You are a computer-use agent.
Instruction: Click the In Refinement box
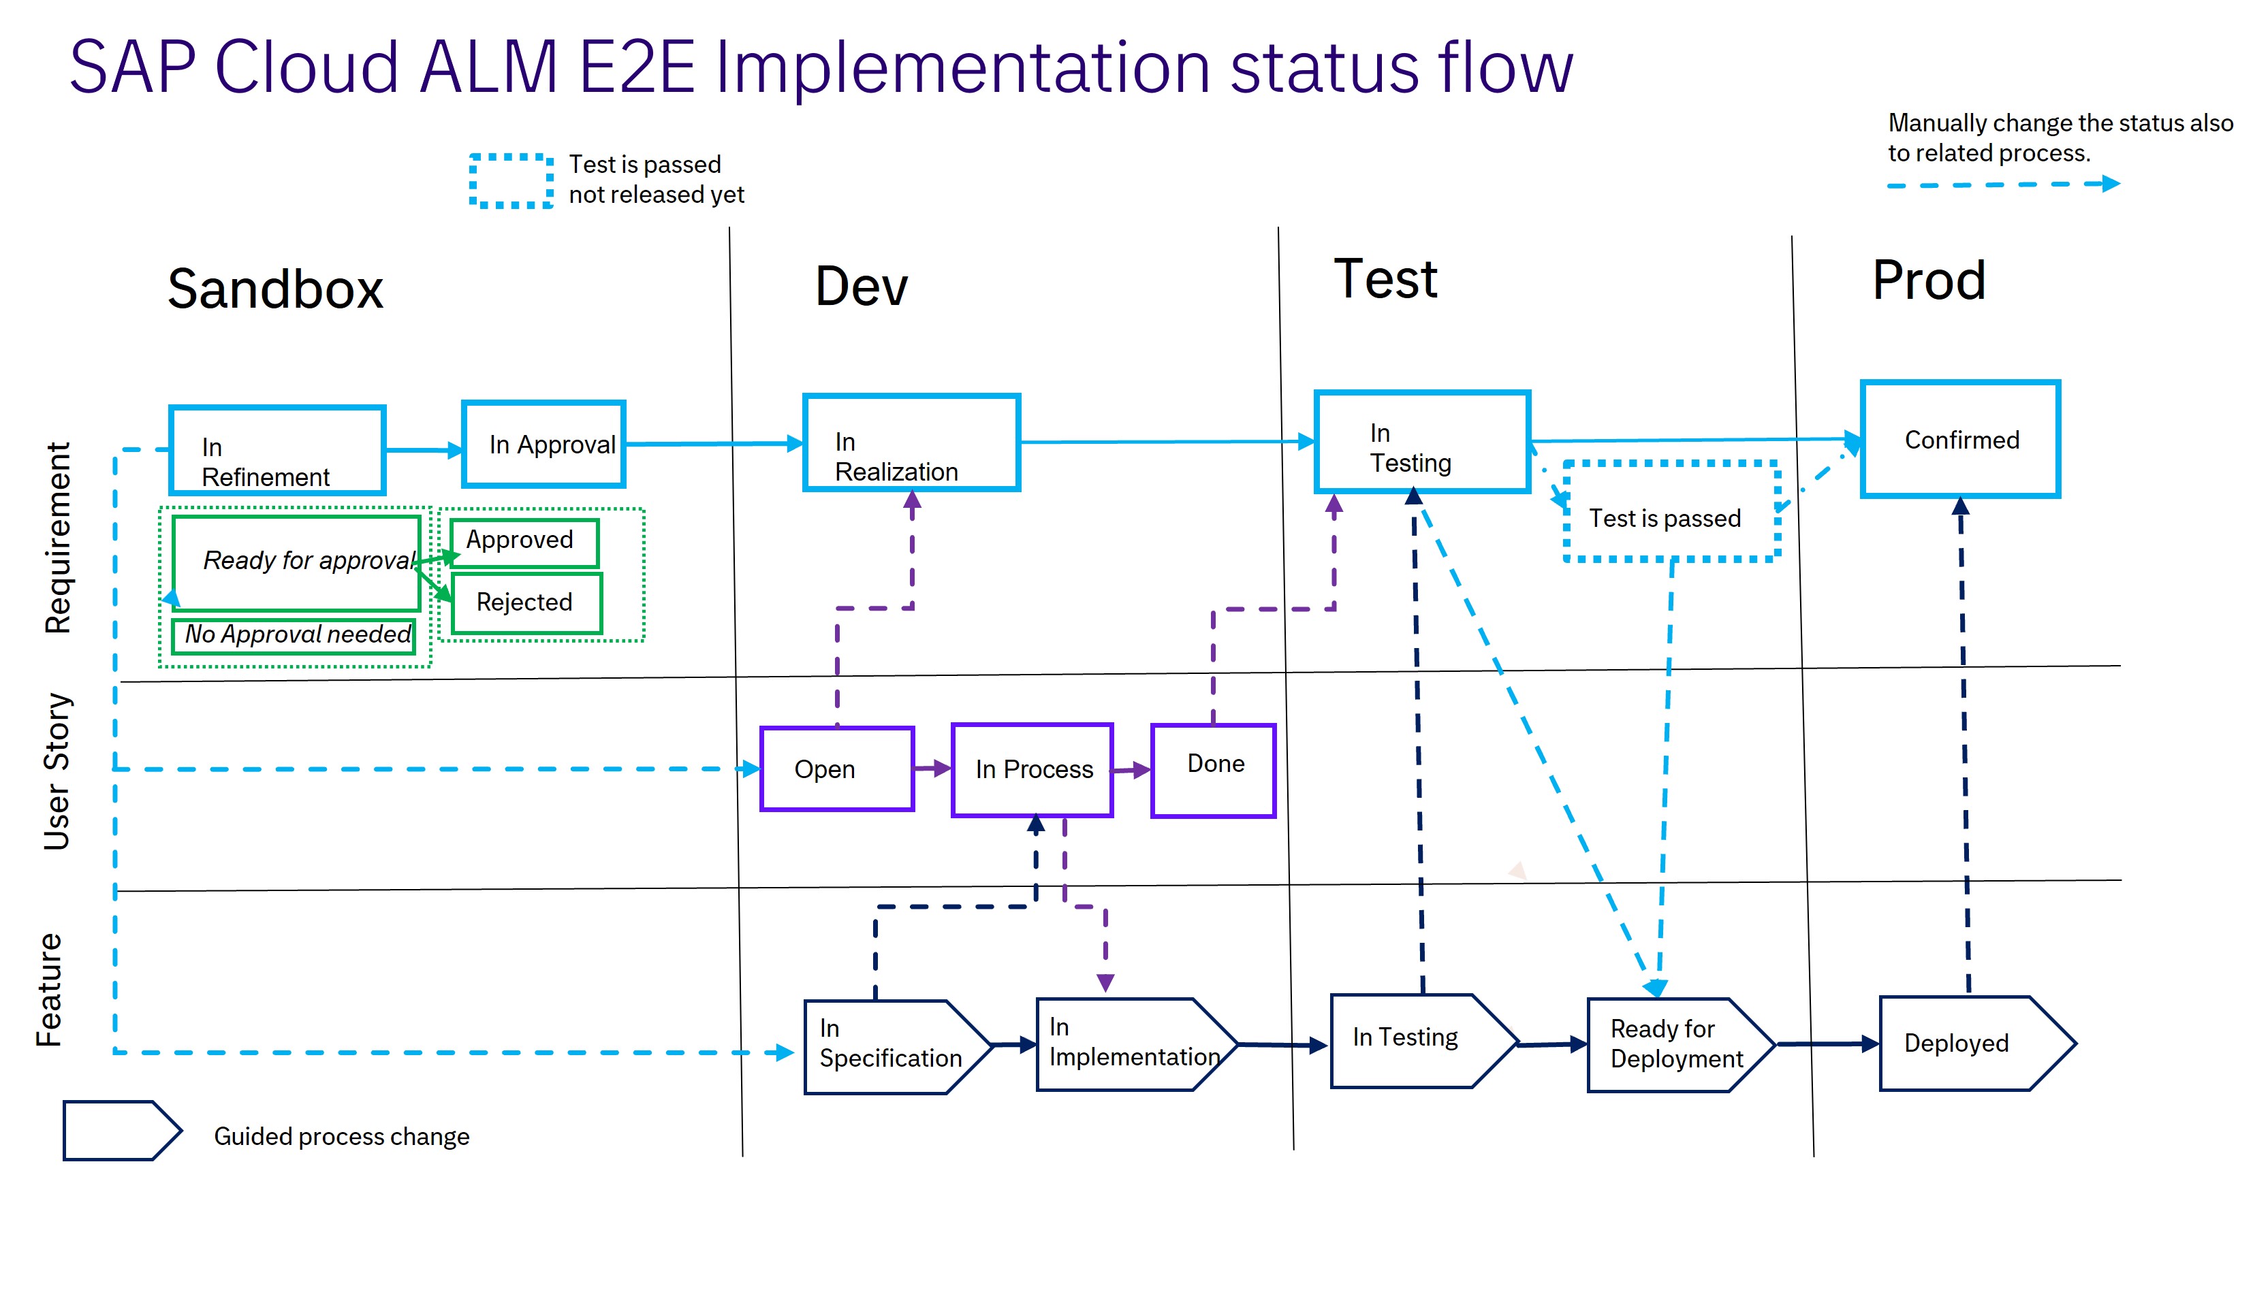[x=277, y=450]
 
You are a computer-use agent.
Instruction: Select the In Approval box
[x=543, y=444]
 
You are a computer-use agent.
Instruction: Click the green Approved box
[x=524, y=542]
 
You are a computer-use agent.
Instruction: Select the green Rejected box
[x=526, y=603]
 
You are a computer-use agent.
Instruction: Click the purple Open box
[x=836, y=769]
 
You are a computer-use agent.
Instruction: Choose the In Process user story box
[x=1032, y=769]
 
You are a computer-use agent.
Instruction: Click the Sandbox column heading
[x=276, y=289]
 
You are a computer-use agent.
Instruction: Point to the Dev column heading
[x=861, y=287]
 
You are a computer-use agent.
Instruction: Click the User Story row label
[x=57, y=771]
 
